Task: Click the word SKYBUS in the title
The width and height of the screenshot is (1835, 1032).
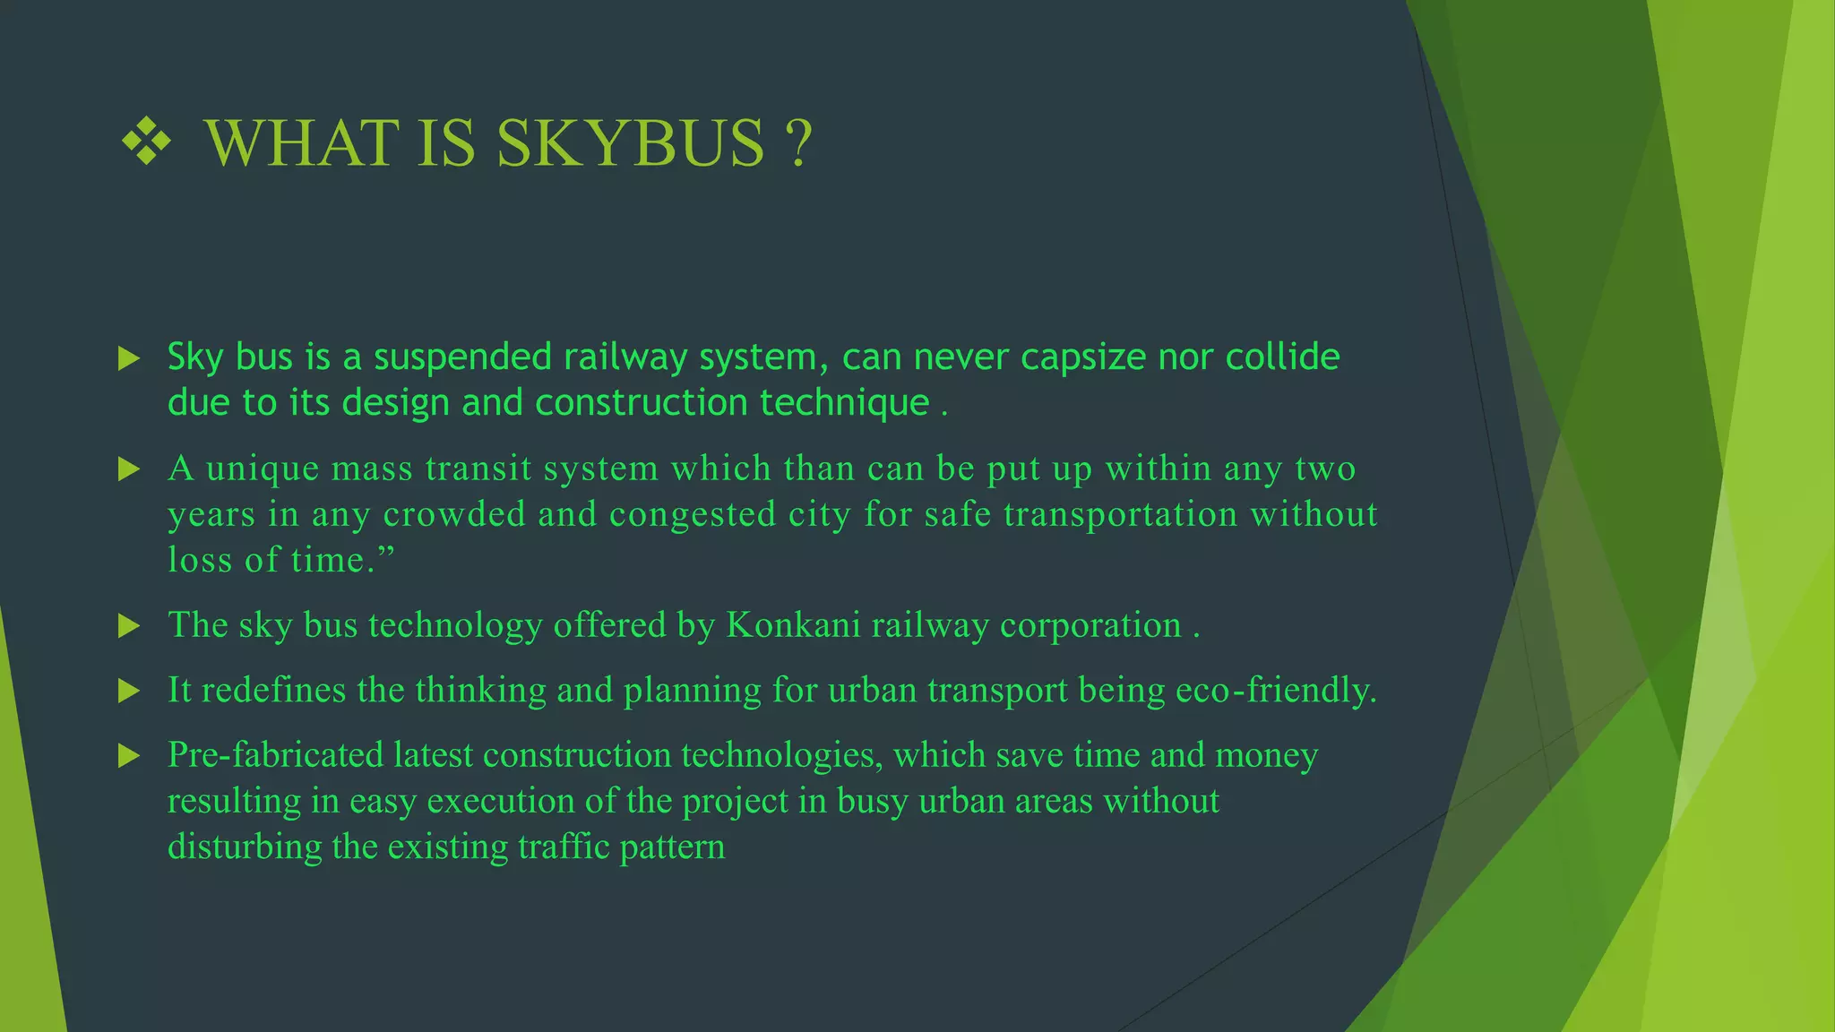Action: click(631, 143)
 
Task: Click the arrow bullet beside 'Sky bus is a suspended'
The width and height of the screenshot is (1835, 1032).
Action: click(130, 359)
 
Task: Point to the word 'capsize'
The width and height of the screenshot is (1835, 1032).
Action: click(1083, 357)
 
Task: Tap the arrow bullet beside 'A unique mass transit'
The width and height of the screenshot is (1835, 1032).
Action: click(130, 469)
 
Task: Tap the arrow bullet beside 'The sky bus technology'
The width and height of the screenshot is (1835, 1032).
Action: click(130, 626)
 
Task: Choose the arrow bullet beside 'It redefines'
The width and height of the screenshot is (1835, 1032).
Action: click(130, 691)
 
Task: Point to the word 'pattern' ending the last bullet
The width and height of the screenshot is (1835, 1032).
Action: click(672, 847)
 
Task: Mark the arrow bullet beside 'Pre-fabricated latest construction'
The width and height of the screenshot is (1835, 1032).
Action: click(130, 756)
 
